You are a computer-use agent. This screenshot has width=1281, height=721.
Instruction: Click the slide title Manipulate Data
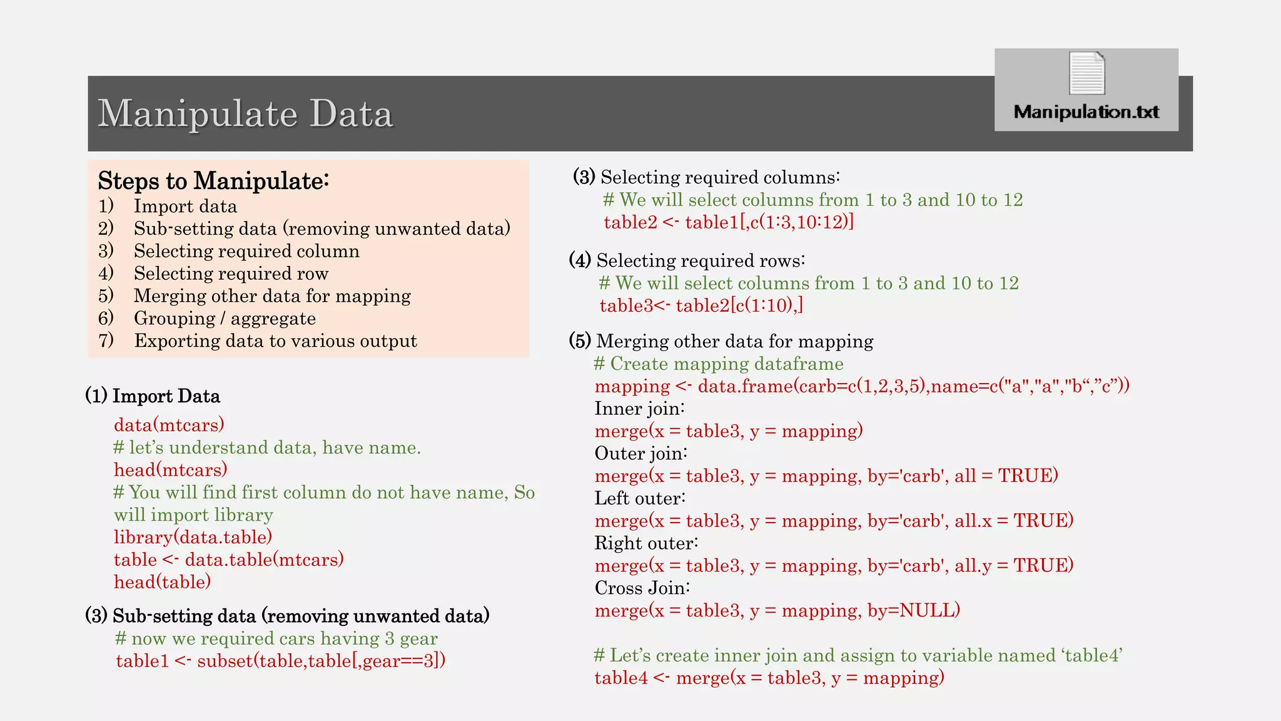pos(245,114)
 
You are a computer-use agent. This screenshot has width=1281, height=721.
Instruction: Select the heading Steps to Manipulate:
pos(213,181)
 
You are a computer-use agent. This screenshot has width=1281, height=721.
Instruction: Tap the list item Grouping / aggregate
pos(225,319)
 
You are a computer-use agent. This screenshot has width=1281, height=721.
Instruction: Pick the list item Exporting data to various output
pos(275,341)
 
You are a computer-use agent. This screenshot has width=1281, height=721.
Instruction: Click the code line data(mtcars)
pos(169,425)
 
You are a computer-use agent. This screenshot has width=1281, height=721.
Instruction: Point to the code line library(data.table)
pos(193,537)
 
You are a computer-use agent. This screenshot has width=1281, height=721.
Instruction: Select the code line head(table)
pos(162,582)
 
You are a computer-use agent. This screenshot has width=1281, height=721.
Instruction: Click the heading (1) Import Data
pos(153,396)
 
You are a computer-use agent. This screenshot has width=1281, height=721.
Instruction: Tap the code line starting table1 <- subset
pos(280,661)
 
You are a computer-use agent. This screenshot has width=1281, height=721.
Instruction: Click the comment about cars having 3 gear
pos(276,638)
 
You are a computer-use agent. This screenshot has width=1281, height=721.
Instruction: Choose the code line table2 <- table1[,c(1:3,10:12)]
pos(729,222)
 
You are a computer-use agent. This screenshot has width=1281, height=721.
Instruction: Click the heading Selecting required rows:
pos(701,260)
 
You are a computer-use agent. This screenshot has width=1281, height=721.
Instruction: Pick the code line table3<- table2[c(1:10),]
pos(701,305)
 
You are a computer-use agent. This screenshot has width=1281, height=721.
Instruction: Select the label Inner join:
pos(639,409)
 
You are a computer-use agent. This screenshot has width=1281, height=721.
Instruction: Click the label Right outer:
pos(646,543)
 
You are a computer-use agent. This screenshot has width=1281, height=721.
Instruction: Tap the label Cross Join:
pos(642,588)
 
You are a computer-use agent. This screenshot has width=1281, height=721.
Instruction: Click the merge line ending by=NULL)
pos(777,610)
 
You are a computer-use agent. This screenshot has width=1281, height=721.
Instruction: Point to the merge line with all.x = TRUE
pos(834,521)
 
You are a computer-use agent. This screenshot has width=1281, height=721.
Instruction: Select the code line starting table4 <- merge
pos(769,678)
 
